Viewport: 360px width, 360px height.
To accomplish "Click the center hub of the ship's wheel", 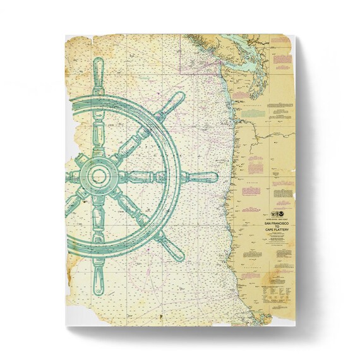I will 99,174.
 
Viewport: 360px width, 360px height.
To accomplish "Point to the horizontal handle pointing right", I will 201,177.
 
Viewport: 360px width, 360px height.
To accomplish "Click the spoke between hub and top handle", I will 99,126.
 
